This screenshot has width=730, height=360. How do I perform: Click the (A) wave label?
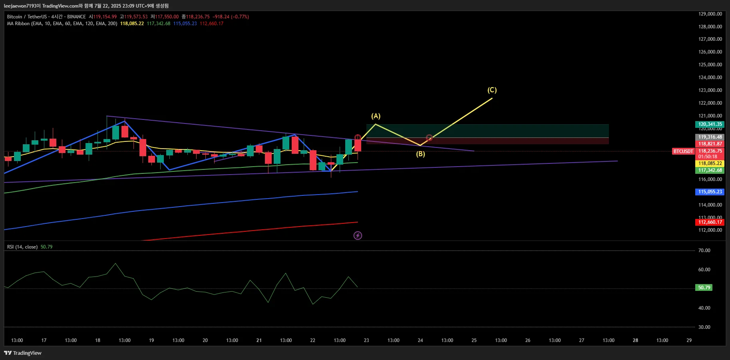tap(376, 116)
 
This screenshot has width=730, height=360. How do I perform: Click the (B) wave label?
tap(420, 154)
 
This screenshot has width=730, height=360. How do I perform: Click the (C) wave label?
tap(492, 90)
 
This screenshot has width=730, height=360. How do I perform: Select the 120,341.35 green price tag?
tap(710, 124)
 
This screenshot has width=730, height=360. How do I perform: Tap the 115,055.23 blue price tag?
tap(710, 192)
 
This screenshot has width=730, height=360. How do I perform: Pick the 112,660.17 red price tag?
tap(710, 222)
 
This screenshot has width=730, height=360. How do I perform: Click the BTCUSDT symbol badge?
tap(683, 151)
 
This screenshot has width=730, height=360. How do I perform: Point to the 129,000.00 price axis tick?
tap(710, 14)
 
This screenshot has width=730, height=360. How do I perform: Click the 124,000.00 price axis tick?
tap(710, 78)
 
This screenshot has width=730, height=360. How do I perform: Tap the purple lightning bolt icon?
tap(358, 235)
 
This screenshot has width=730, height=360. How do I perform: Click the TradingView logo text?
tap(23, 353)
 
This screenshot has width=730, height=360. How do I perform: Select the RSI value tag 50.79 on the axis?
tap(704, 288)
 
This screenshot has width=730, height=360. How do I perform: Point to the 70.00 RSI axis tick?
tap(704, 251)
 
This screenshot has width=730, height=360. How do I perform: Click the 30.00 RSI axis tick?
tap(704, 327)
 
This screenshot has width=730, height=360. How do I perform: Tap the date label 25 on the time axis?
tap(474, 340)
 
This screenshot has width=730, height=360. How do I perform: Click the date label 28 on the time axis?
tap(635, 340)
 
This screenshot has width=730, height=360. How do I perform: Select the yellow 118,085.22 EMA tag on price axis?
tap(710, 163)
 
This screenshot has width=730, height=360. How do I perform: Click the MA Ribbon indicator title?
tap(62, 24)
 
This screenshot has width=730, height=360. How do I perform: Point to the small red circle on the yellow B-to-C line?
tap(429, 138)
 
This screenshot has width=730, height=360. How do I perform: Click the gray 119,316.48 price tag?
tap(710, 137)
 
